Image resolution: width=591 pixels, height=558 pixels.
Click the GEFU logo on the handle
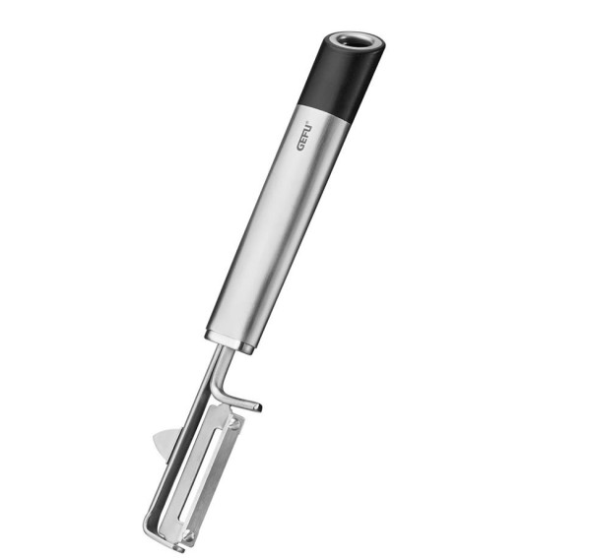[305, 136]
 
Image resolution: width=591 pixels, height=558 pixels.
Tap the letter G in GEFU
[301, 147]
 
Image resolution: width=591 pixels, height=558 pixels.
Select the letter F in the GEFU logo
[306, 133]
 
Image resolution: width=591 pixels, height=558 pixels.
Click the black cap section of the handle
[341, 76]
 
